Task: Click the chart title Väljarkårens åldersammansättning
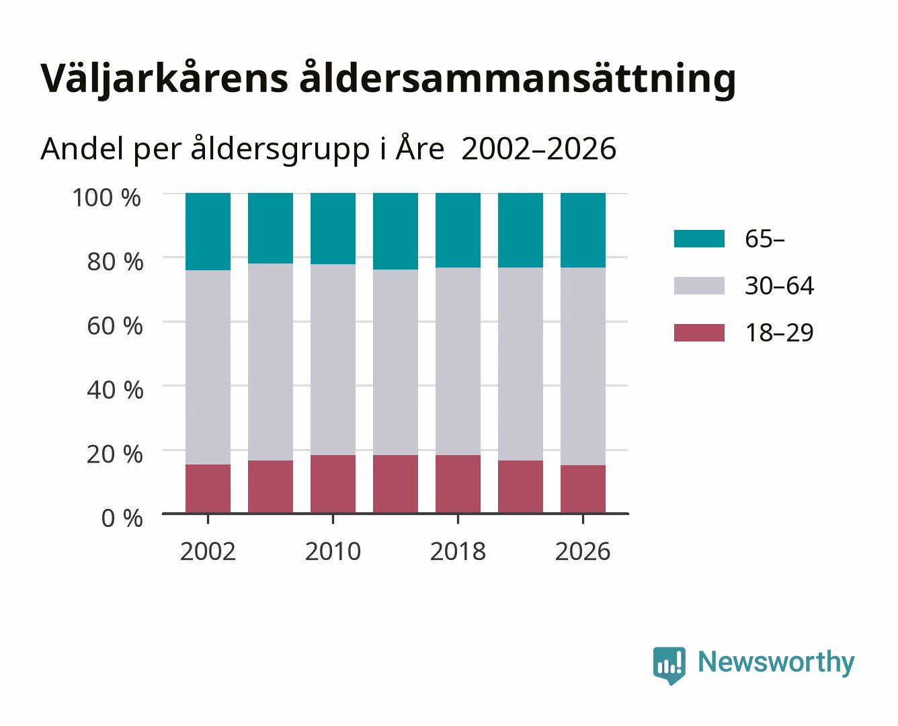click(388, 79)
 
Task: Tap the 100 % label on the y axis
click(107, 198)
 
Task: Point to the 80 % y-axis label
click(115, 261)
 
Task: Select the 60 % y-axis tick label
click(115, 326)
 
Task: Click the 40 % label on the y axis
click(115, 390)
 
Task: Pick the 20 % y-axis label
click(115, 454)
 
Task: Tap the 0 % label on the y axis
click(122, 518)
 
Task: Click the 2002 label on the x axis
click(208, 551)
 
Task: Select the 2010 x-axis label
click(333, 551)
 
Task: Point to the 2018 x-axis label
click(458, 551)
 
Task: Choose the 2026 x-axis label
click(583, 551)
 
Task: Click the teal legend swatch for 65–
click(700, 239)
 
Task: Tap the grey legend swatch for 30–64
click(700, 286)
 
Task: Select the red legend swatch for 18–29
click(700, 333)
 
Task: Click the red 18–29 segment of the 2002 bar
click(208, 489)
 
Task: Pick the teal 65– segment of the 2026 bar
click(583, 230)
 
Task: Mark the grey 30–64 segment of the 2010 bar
click(333, 360)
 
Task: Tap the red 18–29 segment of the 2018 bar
click(458, 484)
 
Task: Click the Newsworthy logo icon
click(669, 665)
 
